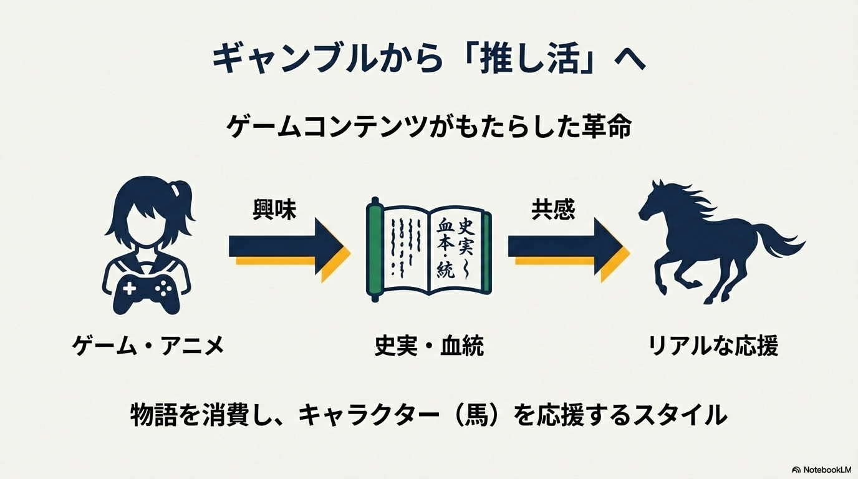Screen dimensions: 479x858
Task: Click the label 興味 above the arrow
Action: pos(274,210)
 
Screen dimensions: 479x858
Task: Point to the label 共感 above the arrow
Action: pos(553,210)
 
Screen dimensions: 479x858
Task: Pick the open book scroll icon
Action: pos(428,249)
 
